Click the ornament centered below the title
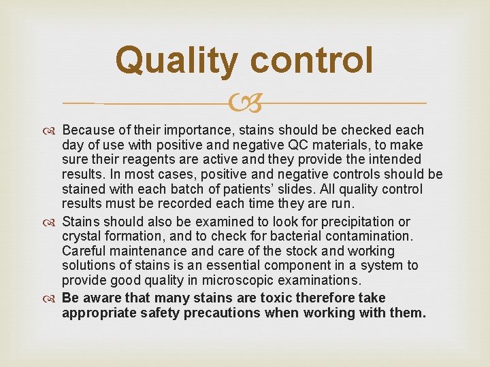(245, 103)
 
